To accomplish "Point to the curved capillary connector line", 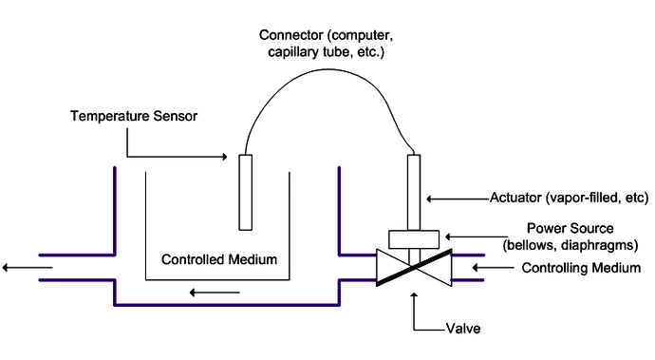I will (x=323, y=84).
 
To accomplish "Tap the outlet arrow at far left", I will (x=17, y=268).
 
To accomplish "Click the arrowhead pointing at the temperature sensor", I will (x=224, y=157).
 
